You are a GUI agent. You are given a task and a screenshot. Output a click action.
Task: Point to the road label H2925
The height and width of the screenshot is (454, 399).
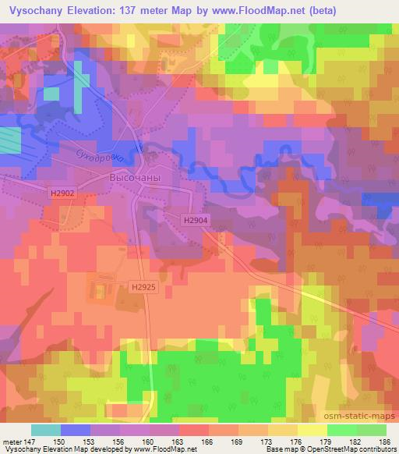[x=143, y=288]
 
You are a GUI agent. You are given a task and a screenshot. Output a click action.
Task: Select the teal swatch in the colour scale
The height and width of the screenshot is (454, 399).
[x=46, y=430]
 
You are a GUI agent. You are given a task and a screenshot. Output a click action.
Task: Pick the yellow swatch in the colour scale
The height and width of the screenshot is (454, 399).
[x=312, y=430]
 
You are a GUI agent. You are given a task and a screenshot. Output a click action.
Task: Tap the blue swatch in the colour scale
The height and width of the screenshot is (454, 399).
[x=76, y=430]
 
